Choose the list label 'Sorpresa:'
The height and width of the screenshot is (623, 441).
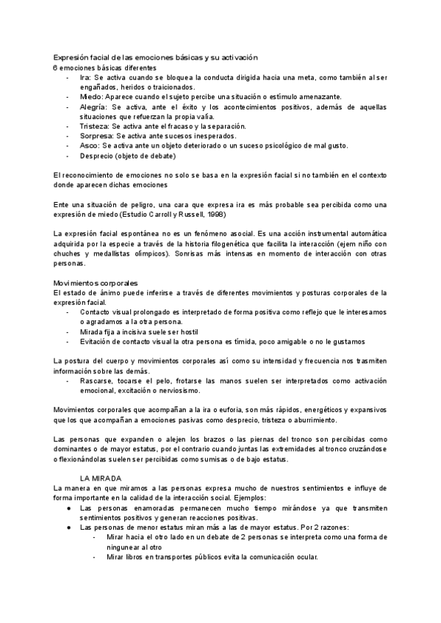click(97, 135)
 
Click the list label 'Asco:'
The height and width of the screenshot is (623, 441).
click(90, 145)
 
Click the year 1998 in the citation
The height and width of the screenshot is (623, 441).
click(214, 214)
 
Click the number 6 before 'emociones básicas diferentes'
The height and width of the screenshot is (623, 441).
click(55, 68)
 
